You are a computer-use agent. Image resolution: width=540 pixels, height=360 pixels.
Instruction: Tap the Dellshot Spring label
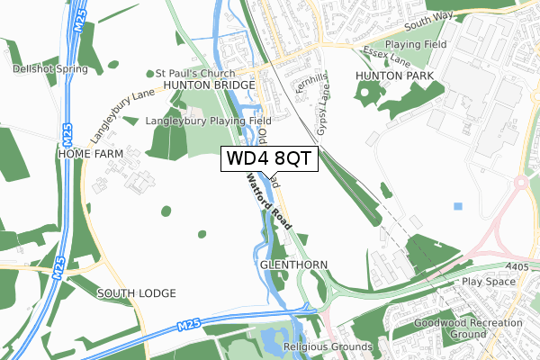click(50, 68)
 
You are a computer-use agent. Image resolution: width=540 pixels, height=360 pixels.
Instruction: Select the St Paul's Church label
click(194, 74)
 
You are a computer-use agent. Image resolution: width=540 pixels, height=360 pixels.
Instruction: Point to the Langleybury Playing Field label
click(208, 120)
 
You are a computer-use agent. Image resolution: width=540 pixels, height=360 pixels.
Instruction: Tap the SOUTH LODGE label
click(137, 293)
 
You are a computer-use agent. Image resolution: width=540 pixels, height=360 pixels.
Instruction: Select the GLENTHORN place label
click(293, 265)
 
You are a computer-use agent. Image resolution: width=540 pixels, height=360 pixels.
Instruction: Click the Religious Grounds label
click(327, 346)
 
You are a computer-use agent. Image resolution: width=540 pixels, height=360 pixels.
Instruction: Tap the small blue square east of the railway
click(458, 206)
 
